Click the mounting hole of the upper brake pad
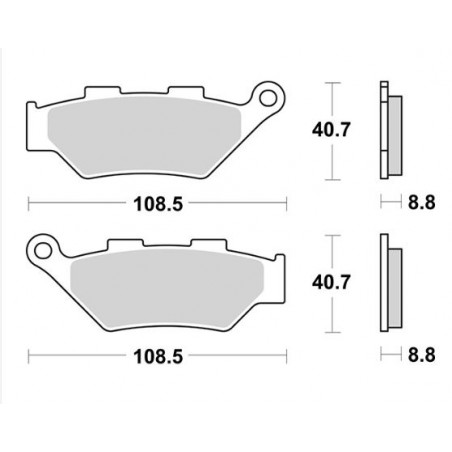pos(267,97)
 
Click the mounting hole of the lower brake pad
pos(43,245)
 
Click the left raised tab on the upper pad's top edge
pos(101,91)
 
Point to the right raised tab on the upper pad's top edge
pos(183,91)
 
